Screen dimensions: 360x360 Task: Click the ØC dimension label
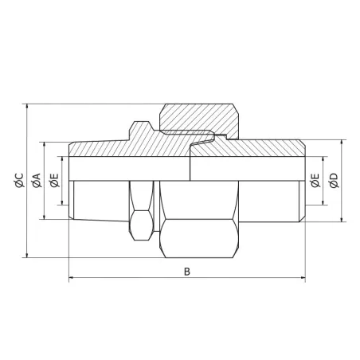coord(18,181)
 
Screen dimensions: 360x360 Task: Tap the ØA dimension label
coord(37,181)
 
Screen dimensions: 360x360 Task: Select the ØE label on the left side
coord(53,181)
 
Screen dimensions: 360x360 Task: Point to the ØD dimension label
coord(334,181)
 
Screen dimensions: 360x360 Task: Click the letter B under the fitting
coord(187,271)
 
